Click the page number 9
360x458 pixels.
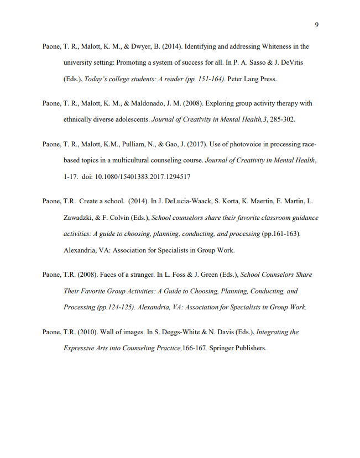pos(316,24)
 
